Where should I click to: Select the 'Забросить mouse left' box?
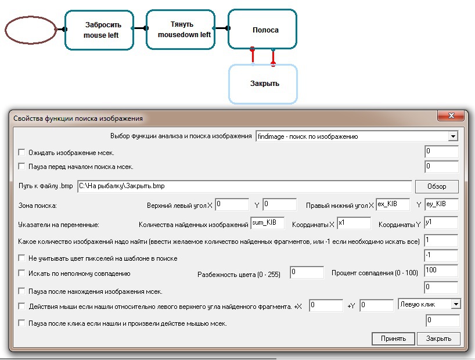tap(99, 30)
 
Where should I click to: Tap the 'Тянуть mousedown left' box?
tap(181, 30)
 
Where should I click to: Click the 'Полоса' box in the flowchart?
tap(262, 29)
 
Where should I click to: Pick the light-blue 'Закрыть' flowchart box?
tap(263, 84)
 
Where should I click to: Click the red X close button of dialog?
tap(451, 116)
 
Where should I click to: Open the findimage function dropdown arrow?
tap(453, 136)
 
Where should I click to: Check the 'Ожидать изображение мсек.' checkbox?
tap(21, 153)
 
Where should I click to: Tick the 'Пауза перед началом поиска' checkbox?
tap(21, 167)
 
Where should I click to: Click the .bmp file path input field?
tap(245, 186)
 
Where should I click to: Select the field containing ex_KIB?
tap(393, 204)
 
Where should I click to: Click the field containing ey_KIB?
tap(442, 204)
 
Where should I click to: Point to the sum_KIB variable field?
tap(268, 223)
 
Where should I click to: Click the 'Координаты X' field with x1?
tap(354, 223)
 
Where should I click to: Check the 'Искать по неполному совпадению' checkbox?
tap(21, 273)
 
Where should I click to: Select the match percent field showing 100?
tap(441, 271)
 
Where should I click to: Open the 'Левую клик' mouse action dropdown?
tap(456, 304)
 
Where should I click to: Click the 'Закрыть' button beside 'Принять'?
tap(438, 339)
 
